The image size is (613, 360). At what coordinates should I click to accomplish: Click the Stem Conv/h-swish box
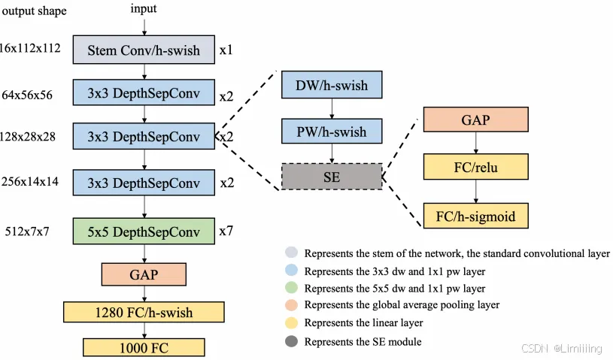click(x=144, y=50)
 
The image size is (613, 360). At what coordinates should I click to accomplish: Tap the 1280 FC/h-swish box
click(x=144, y=312)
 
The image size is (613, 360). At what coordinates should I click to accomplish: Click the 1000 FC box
click(x=144, y=347)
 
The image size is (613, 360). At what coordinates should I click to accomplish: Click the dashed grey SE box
click(x=331, y=177)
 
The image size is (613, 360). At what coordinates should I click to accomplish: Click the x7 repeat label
click(x=226, y=230)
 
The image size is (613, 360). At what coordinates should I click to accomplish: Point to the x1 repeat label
click(x=226, y=51)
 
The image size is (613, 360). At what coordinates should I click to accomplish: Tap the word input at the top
click(x=144, y=8)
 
